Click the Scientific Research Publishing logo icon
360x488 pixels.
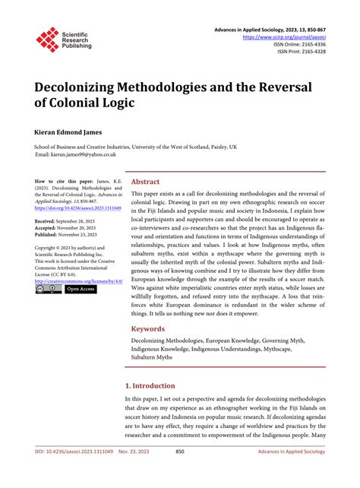click(x=47, y=39)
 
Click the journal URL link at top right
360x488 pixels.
click(x=284, y=36)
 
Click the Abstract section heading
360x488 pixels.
click(x=145, y=182)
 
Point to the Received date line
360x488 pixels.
click(x=70, y=220)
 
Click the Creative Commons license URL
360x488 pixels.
click(x=79, y=280)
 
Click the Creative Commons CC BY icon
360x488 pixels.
click(x=48, y=290)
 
